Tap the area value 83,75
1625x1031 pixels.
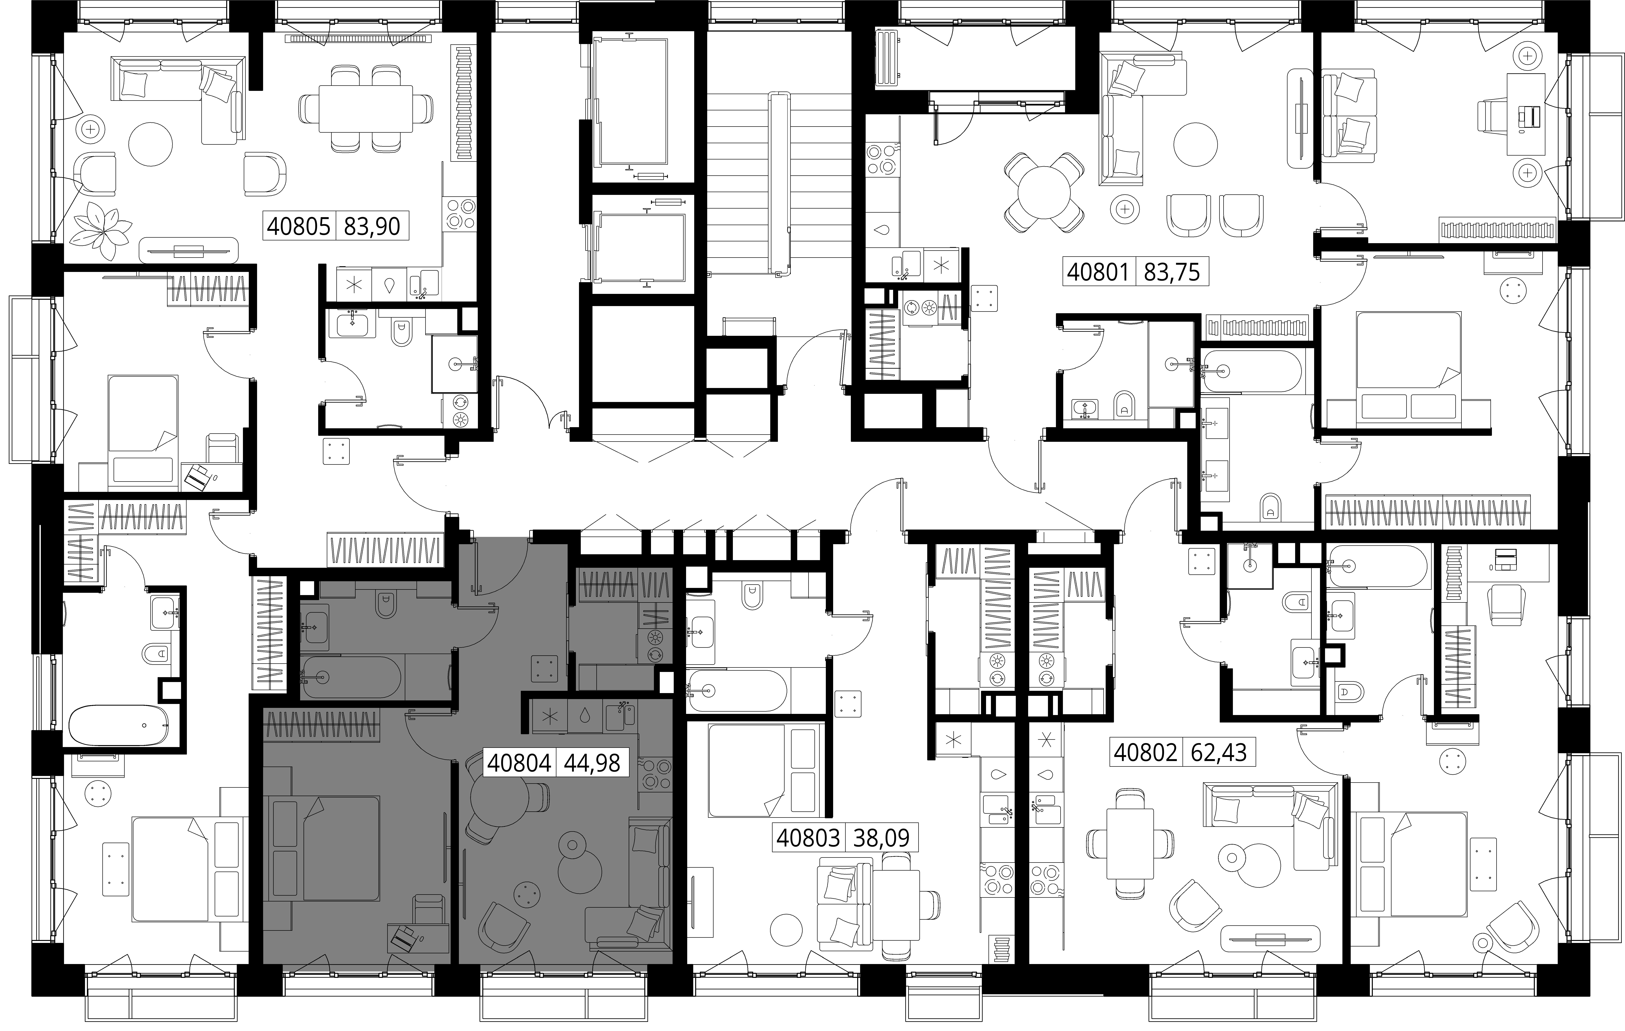point(1172,272)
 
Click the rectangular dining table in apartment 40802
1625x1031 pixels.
point(1130,844)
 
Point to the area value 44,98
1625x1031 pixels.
point(592,763)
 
